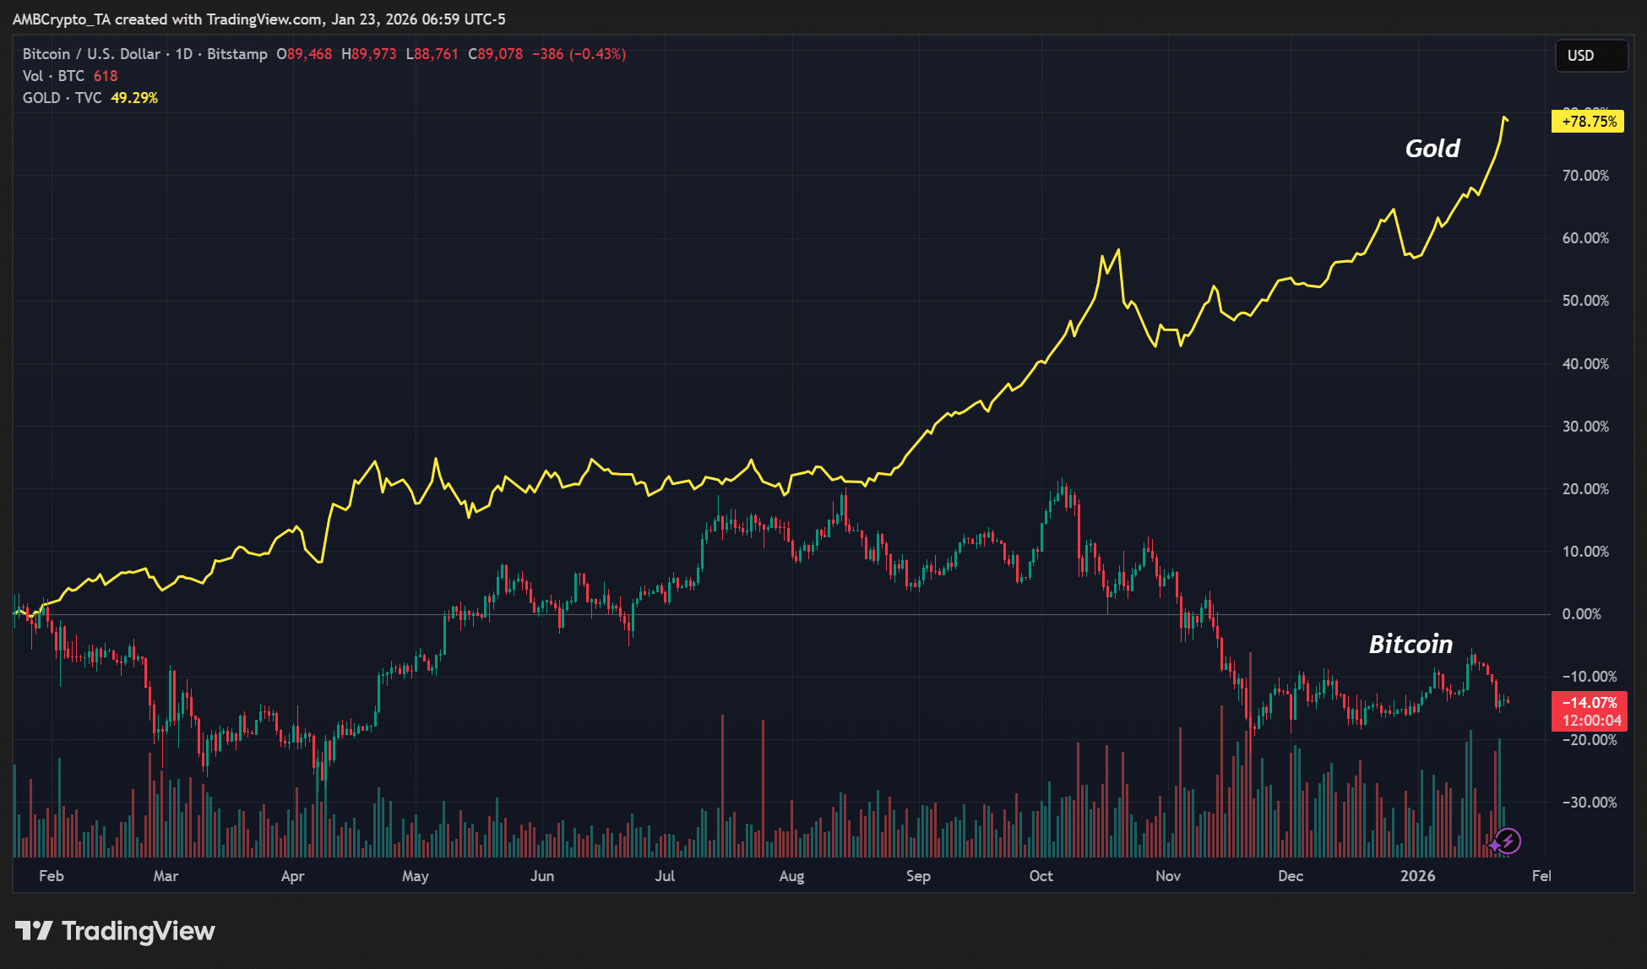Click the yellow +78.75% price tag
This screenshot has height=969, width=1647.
click(x=1588, y=122)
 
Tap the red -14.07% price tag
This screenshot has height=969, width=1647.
click(x=1589, y=703)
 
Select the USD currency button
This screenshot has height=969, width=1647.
click(x=1580, y=56)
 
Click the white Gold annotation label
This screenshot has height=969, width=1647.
click(x=1432, y=149)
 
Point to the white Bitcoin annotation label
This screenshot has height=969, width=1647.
click(x=1411, y=645)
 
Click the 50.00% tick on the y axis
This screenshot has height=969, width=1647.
click(x=1585, y=301)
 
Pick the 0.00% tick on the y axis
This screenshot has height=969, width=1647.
click(x=1581, y=614)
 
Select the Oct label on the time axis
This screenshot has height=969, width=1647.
click(x=1041, y=876)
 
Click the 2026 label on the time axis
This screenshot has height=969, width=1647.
click(x=1417, y=876)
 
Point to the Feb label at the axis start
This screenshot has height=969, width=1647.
click(x=52, y=876)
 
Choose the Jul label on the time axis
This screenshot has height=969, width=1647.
click(x=665, y=876)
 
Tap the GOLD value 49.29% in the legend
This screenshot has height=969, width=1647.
click(x=134, y=98)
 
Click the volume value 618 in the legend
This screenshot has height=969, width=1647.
click(x=106, y=76)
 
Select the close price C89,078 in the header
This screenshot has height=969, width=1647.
click(x=496, y=54)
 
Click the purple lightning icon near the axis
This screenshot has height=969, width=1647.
click(x=1508, y=841)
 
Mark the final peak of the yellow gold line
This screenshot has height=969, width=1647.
click(x=1504, y=117)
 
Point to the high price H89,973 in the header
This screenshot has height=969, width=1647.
click(x=369, y=54)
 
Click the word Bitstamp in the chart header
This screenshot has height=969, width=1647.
click(x=237, y=54)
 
